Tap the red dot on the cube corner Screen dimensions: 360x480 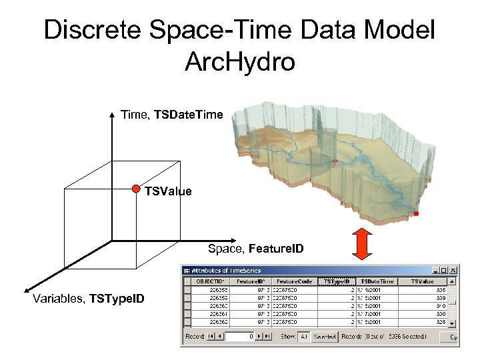click(135, 188)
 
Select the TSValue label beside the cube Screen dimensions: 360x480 click(168, 192)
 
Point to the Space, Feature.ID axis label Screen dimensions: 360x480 click(255, 249)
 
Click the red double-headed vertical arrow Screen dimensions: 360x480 click(361, 243)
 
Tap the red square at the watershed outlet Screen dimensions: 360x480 click(417, 214)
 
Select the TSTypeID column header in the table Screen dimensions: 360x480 click(337, 281)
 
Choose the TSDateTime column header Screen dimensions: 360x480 click(378, 281)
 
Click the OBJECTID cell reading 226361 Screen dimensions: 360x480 click(217, 313)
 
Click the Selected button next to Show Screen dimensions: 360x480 click(325, 337)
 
